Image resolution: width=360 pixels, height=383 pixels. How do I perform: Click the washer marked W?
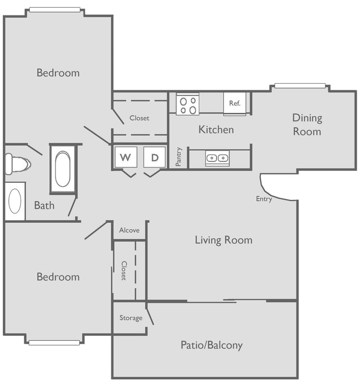click(x=126, y=157)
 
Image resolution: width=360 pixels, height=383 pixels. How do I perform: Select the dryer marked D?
click(x=155, y=157)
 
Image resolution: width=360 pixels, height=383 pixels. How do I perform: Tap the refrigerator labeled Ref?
click(x=235, y=104)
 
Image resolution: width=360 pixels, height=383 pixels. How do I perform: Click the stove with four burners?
click(x=188, y=105)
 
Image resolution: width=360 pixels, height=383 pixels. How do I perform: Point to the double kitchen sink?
click(x=217, y=159)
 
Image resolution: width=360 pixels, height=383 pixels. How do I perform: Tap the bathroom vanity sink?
click(x=15, y=201)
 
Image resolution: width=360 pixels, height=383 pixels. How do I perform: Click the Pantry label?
click(x=179, y=157)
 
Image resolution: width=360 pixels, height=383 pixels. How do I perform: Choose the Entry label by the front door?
click(x=264, y=199)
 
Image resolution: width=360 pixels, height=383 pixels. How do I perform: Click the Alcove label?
click(x=130, y=230)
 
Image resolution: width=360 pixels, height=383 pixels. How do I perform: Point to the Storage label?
click(x=131, y=318)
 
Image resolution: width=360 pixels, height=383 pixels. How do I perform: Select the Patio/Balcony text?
click(x=212, y=345)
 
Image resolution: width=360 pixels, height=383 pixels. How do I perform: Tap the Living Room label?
click(x=223, y=240)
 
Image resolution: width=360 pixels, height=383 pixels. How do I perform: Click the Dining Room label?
click(x=307, y=125)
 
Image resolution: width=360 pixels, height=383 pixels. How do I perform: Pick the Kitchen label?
click(x=216, y=130)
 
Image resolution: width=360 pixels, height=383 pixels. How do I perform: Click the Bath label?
click(x=44, y=206)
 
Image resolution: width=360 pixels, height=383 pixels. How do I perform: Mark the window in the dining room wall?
click(x=300, y=86)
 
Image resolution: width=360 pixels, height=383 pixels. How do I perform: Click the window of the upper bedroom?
click(x=55, y=10)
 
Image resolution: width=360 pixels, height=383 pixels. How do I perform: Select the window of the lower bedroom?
click(x=54, y=343)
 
